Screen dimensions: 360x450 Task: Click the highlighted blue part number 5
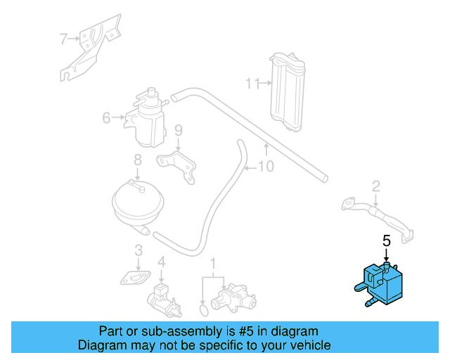pyautogui.click(x=380, y=285)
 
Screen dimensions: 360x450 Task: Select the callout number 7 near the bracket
pyautogui.click(x=63, y=39)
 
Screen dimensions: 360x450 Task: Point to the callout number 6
pyautogui.click(x=106, y=117)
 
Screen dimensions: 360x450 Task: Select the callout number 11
pyautogui.click(x=251, y=84)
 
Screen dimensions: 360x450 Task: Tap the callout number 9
pyautogui.click(x=178, y=130)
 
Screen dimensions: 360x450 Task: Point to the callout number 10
pyautogui.click(x=266, y=167)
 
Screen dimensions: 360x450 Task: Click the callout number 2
pyautogui.click(x=376, y=186)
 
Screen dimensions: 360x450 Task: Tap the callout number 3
pyautogui.click(x=139, y=250)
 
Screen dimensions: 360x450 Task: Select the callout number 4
pyautogui.click(x=161, y=262)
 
